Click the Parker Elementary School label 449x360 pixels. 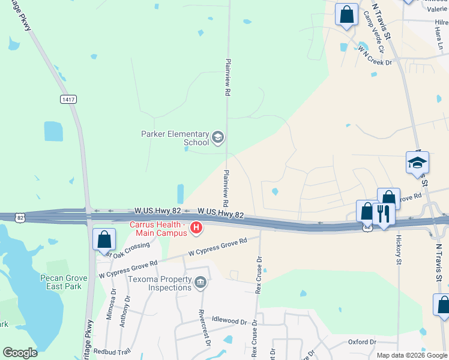[175, 139]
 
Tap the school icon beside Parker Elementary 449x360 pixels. [218, 139]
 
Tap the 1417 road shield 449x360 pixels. [68, 99]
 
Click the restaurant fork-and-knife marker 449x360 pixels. [382, 214]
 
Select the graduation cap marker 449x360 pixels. [417, 163]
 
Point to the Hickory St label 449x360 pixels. [398, 249]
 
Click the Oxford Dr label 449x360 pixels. [362, 342]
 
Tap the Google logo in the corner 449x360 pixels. [20, 353]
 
